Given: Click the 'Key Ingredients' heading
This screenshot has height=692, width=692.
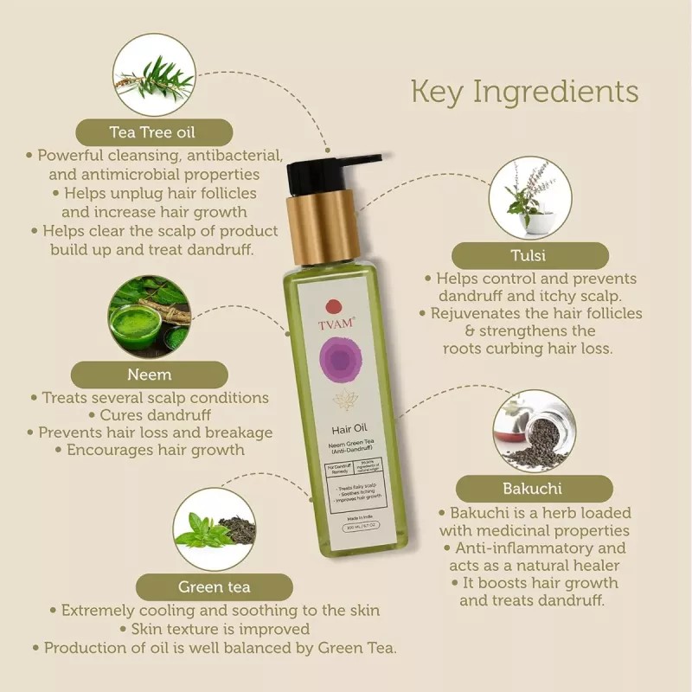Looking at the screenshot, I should coord(524,92).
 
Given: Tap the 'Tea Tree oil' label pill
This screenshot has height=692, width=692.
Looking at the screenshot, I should coord(153,132).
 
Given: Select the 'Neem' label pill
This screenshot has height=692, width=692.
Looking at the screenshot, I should coord(149,375).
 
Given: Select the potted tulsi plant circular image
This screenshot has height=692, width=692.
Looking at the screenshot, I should coord(529,197).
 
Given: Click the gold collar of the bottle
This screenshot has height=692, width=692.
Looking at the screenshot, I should coord(322,227).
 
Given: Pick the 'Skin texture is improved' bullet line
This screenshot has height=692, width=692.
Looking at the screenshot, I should coord(220,629).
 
